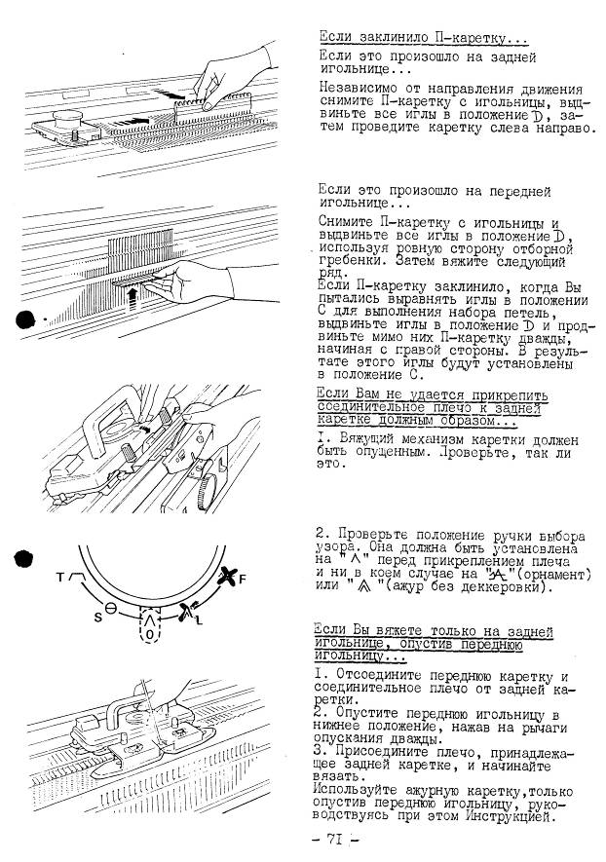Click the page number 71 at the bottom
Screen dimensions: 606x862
pyautogui.click(x=335, y=839)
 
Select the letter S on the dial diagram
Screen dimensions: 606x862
pyautogui.click(x=97, y=617)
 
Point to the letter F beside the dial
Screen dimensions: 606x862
pyautogui.click(x=243, y=579)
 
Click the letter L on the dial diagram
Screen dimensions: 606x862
pyautogui.click(x=200, y=620)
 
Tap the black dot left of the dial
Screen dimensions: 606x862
pyautogui.click(x=23, y=558)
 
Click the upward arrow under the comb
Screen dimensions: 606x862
pyautogui.click(x=131, y=300)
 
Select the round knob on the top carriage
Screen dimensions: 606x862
pyautogui.click(x=67, y=118)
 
